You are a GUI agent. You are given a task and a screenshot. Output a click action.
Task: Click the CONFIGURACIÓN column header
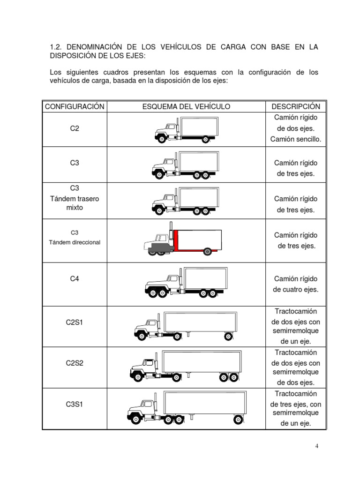(x=75, y=106)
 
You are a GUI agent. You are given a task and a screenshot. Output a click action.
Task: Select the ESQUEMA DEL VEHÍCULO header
(x=186, y=106)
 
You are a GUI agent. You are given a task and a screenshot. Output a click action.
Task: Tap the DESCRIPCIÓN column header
(x=296, y=106)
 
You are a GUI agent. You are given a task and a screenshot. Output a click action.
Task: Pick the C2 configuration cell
(x=75, y=128)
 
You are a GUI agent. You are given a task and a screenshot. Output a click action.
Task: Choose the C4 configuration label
(x=75, y=278)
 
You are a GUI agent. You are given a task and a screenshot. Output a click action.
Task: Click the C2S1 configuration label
(x=75, y=322)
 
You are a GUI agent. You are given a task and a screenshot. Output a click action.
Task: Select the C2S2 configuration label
(x=75, y=363)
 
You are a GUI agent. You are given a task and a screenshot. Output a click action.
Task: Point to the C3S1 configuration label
(x=75, y=403)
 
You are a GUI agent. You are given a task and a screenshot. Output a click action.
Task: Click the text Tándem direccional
(x=75, y=242)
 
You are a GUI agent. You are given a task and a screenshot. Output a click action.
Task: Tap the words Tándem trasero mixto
(x=75, y=203)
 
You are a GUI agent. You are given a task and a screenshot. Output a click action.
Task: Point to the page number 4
(x=317, y=446)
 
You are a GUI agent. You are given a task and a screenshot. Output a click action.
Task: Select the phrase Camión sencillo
(x=296, y=139)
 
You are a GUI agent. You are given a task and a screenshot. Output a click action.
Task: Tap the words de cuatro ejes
(x=296, y=289)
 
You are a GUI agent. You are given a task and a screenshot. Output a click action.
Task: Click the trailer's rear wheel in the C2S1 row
(x=228, y=336)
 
